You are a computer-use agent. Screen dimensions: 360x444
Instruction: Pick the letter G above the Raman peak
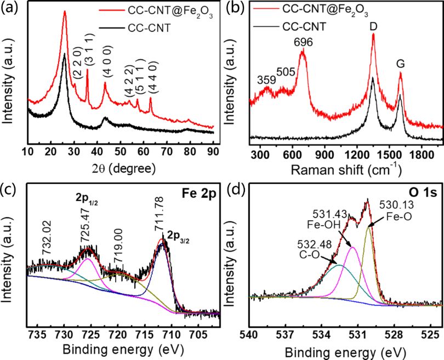coord(401,63)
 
